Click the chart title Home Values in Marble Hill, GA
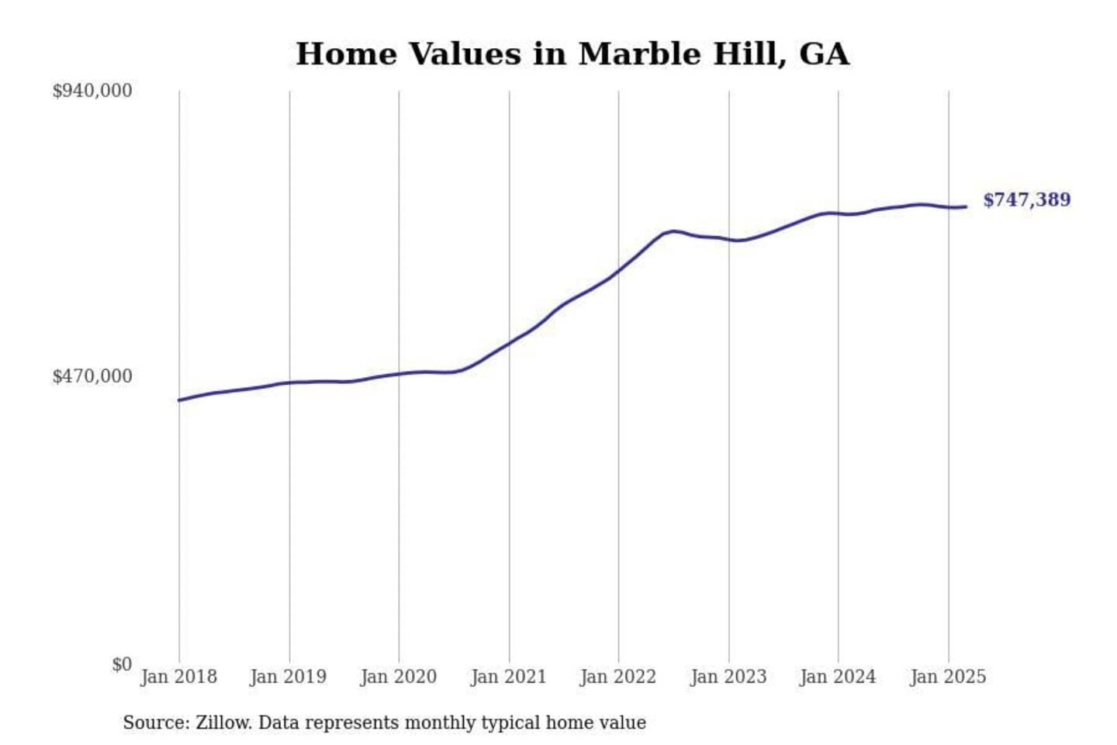572,54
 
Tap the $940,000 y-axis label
92,91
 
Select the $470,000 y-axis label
92,376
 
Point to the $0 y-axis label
122,664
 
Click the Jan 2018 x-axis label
178,677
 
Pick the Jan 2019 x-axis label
289,677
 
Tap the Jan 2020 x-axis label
399,677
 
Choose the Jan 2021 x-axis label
509,677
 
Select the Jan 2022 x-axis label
618,677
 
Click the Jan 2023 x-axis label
728,677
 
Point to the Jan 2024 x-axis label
838,677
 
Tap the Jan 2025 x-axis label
948,677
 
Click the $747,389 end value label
1026,200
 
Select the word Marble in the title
627,54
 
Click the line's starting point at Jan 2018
179,400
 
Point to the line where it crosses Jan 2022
619,271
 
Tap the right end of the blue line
966,206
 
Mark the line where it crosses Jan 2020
399,374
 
